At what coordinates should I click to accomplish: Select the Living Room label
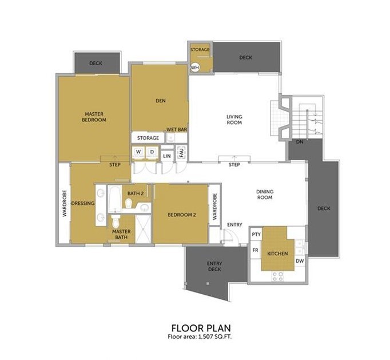coord(234,120)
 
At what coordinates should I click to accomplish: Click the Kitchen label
coord(277,254)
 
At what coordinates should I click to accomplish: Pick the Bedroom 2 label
coord(182,215)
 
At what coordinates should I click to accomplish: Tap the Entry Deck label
coord(214,266)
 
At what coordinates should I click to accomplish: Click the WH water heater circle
coord(194,67)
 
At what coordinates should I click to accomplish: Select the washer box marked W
coord(138,152)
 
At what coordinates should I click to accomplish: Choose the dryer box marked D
coord(152,152)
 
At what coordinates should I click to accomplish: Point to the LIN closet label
coord(167,156)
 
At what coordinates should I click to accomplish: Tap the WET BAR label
coord(177,130)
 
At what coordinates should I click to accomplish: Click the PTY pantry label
coord(256,235)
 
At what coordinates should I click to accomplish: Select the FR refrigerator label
coord(256,251)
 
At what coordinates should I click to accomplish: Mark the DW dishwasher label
coord(299,262)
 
